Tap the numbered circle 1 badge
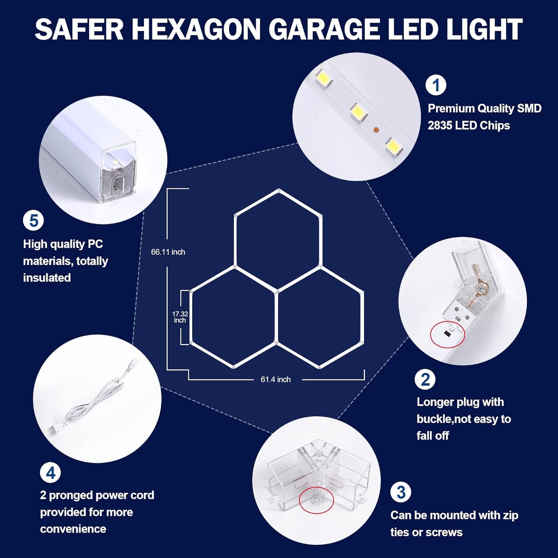pyautogui.click(x=436, y=85)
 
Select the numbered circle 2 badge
pyautogui.click(x=425, y=379)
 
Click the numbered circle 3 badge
pyautogui.click(x=401, y=492)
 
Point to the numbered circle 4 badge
pyautogui.click(x=51, y=473)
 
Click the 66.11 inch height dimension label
pyautogui.click(x=168, y=252)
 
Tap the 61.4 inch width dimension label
pyautogui.click(x=275, y=380)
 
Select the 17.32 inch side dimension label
pyautogui.click(x=180, y=317)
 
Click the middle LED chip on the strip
pyautogui.click(x=359, y=112)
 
